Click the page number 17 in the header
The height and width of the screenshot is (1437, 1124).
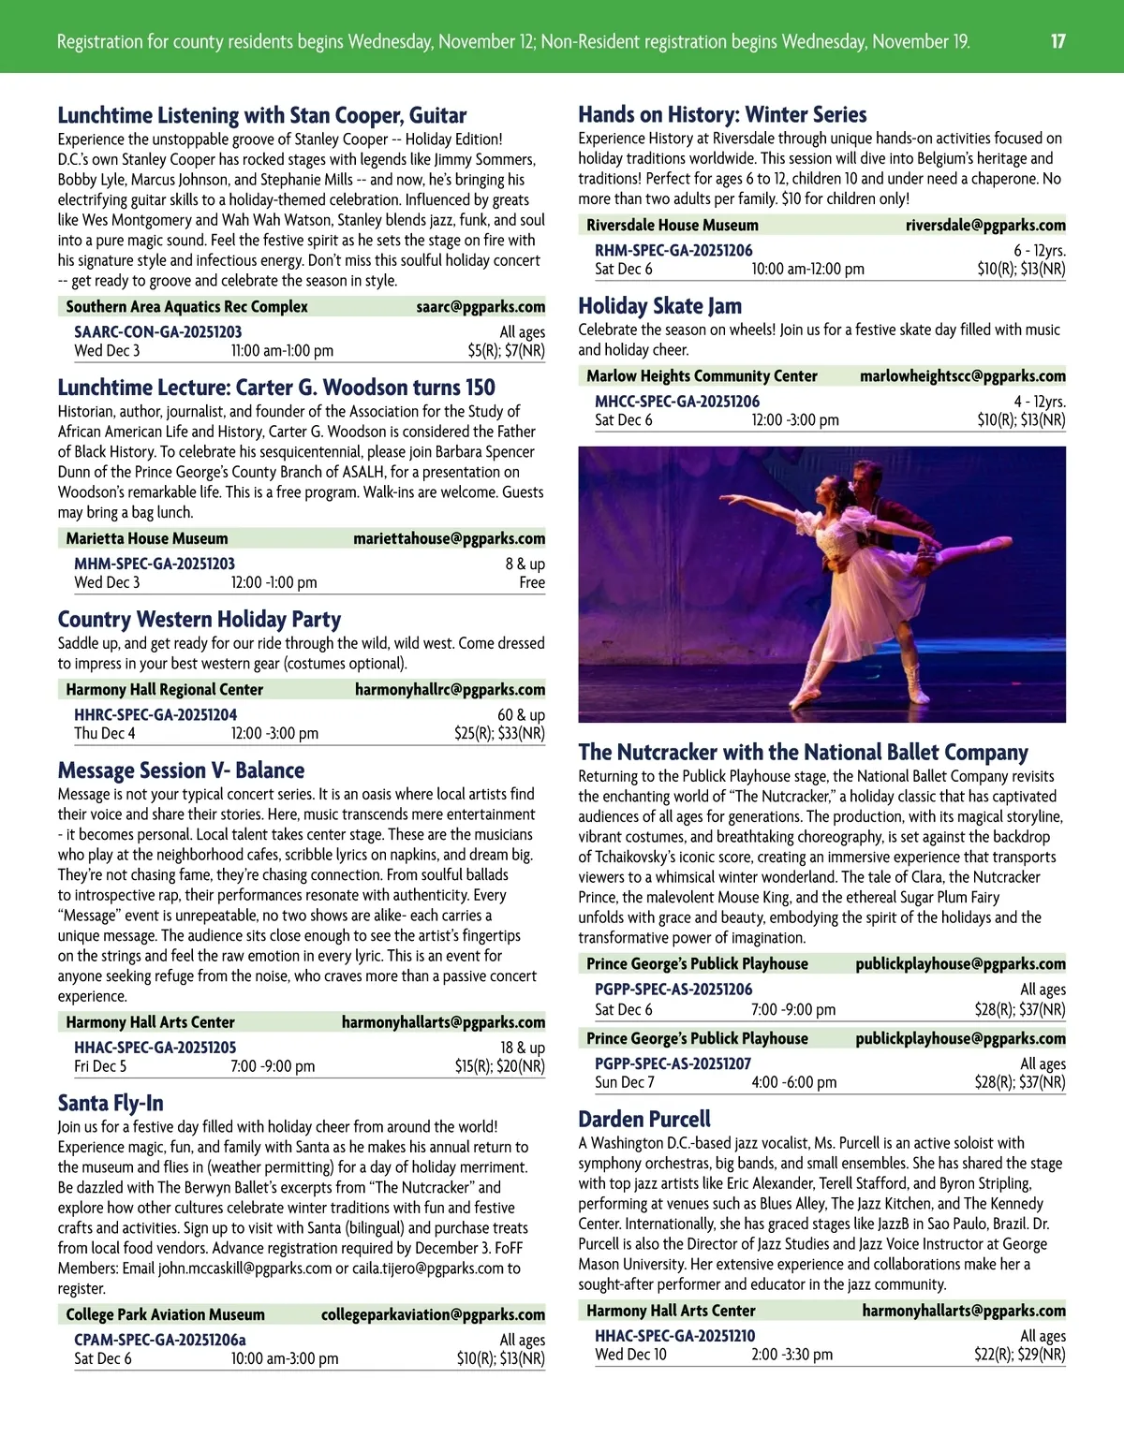coord(1057,41)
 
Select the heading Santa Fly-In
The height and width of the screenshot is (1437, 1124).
coord(111,1103)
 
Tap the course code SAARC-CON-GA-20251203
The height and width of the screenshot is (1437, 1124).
coord(157,331)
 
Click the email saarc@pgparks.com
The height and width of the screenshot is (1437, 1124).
coord(481,306)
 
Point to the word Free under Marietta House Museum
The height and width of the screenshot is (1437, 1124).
coord(531,582)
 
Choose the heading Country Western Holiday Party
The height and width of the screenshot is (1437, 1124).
coord(199,619)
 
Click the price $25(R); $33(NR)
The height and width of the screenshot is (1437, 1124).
coord(499,733)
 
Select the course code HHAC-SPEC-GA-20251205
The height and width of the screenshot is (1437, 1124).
coord(155,1048)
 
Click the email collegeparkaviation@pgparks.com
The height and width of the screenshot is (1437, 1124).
coord(433,1314)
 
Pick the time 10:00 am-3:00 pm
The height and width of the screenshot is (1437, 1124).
coord(285,1358)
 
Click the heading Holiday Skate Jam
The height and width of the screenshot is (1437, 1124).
coord(659,306)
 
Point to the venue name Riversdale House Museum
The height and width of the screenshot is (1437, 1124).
coord(673,225)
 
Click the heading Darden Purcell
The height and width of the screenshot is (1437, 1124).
coord(643,1119)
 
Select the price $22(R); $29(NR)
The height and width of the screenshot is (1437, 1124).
coord(1019,1355)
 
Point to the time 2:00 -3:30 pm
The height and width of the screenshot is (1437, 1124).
coord(791,1355)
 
